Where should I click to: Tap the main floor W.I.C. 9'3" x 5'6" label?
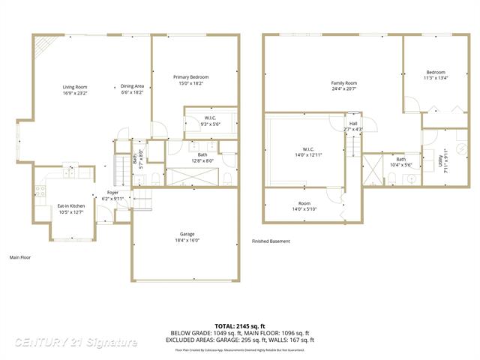209,121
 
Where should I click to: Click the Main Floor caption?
20,257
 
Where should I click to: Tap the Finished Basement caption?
271,241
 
